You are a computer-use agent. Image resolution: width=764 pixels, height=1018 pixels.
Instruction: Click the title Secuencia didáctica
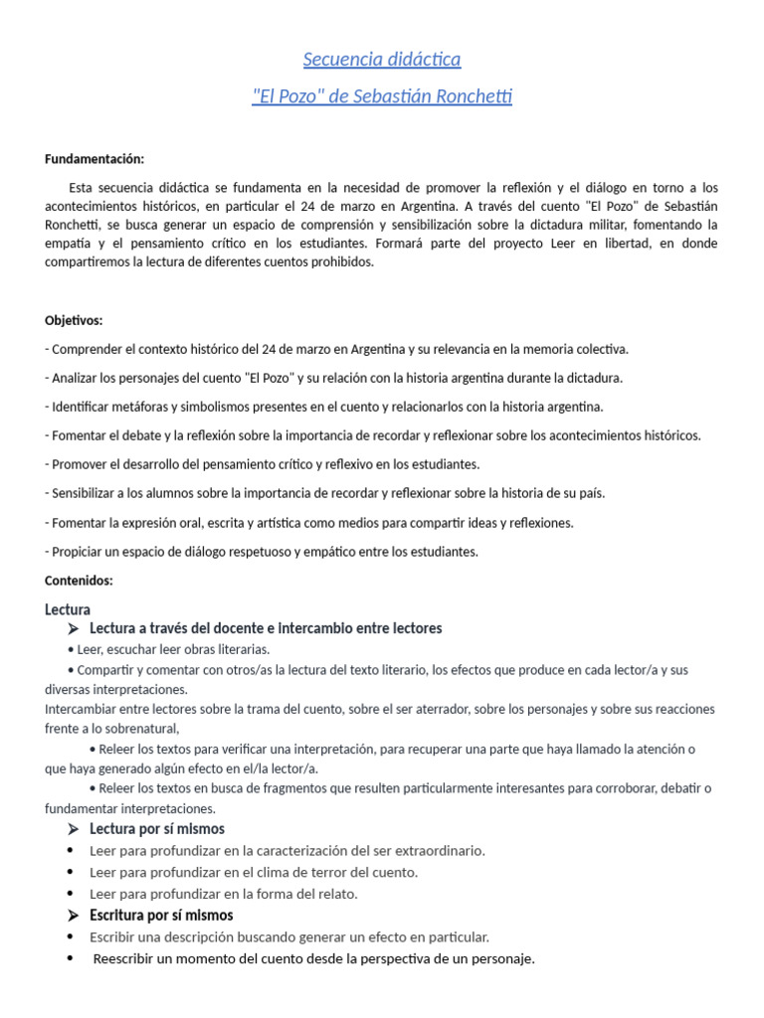[382, 60]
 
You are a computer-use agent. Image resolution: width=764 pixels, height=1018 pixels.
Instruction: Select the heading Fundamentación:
[95, 159]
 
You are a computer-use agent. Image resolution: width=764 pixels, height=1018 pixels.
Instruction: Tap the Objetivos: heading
[74, 320]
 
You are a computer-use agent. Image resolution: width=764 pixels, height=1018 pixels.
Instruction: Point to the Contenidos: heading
[80, 581]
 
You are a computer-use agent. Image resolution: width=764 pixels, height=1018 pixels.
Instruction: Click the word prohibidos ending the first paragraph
[341, 262]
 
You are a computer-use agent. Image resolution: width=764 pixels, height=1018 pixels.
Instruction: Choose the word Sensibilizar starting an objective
[87, 493]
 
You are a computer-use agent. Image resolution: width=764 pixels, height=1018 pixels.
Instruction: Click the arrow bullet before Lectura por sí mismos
[74, 829]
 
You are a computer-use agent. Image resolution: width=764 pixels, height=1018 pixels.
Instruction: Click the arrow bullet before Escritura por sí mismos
[74, 915]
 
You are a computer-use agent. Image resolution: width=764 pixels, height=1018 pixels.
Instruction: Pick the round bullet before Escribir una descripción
[70, 936]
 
